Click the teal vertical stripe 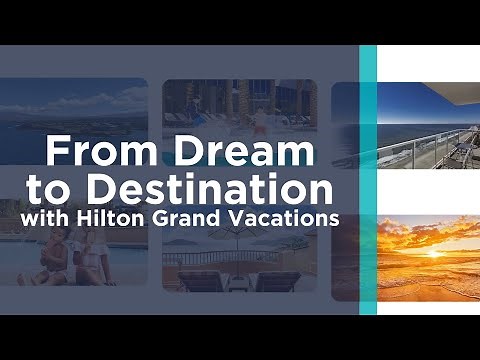point(368,180)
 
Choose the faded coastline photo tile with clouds point(74,110)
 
